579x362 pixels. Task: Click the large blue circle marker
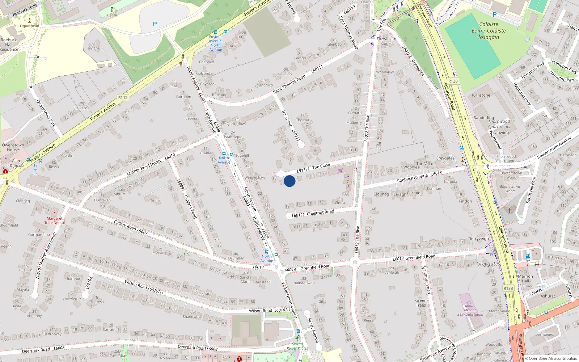289,181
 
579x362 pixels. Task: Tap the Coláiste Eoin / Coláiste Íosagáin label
489,31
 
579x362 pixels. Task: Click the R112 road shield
123,98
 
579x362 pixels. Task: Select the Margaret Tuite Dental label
55,220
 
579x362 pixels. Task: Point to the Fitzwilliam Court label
386,41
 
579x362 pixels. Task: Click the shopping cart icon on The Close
340,171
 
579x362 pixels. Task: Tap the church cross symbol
510,210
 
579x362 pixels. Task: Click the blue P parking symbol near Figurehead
155,24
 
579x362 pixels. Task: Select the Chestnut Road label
320,212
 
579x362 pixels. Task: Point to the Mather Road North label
144,168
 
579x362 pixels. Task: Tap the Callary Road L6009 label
131,227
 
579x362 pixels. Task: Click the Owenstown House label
13,147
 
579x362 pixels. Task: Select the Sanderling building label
484,118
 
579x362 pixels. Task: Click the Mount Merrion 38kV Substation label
470,310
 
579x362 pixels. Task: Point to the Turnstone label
481,95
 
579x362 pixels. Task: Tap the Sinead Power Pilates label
297,346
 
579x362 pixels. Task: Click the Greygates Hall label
445,160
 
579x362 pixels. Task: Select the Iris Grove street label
287,118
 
